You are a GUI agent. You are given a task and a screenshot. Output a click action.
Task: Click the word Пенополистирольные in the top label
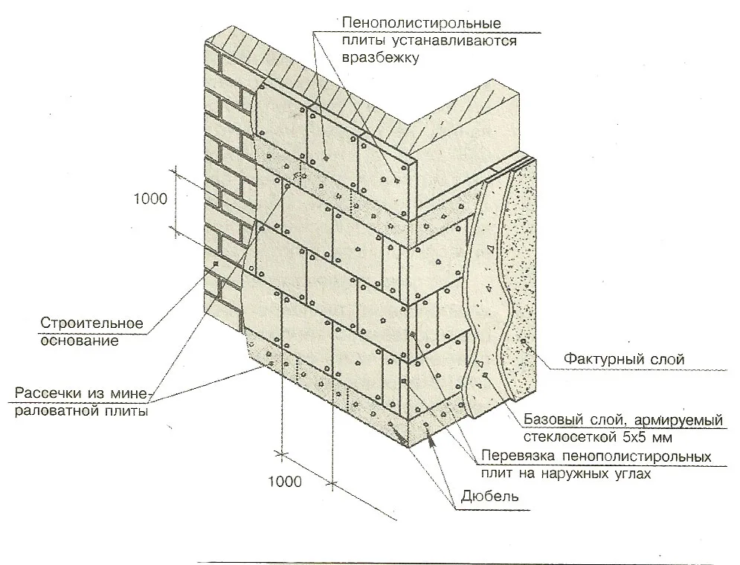[x=422, y=22]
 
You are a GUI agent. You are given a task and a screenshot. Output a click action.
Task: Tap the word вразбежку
[x=380, y=58]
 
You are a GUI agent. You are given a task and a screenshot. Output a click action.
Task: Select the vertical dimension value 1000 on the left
[x=150, y=198]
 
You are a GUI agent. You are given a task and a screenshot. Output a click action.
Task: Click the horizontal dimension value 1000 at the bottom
[x=285, y=482]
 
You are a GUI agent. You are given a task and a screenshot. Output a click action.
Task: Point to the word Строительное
[x=91, y=323]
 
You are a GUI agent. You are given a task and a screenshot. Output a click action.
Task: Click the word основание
[x=80, y=340]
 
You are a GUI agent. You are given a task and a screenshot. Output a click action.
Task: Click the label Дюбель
[x=490, y=496]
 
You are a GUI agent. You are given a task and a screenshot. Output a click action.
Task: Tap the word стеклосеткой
[x=570, y=437]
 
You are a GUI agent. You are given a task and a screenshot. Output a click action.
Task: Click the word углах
[x=630, y=474]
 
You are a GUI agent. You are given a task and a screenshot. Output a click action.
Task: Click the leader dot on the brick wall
[x=216, y=264]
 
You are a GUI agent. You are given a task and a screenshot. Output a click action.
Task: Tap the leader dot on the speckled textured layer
[x=523, y=340]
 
